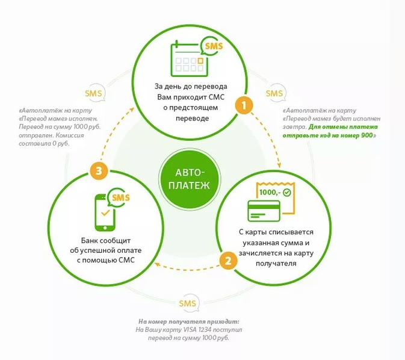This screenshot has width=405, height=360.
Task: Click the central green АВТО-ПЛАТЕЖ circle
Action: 185,178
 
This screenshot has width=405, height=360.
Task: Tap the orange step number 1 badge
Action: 243,106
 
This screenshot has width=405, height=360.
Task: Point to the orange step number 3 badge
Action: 99,171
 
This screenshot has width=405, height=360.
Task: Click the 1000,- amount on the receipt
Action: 270,192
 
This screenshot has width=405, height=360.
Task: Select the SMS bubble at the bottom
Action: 187,303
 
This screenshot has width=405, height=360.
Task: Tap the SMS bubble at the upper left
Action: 93,94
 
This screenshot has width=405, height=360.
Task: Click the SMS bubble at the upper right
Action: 274,93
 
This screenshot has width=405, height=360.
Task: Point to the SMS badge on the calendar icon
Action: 213,46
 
